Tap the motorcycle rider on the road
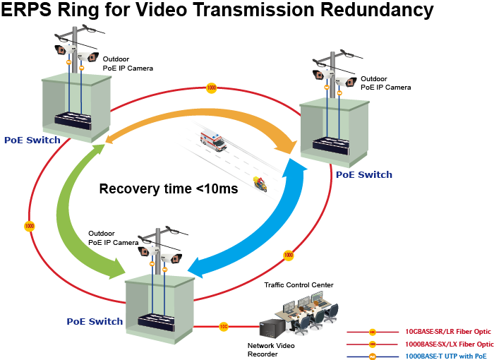coord(260,186)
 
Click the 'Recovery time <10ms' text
coord(168,189)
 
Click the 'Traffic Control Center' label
coord(299,284)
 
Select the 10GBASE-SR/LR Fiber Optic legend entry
coord(448,331)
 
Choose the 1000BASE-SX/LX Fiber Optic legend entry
coord(448,344)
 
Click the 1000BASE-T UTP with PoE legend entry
coord(448,355)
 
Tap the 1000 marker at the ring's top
coord(211,88)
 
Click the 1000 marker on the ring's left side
coord(29,226)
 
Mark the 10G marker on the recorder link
coord(223,327)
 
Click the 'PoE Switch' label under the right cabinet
coord(363,174)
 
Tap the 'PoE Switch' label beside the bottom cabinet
coord(95,321)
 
